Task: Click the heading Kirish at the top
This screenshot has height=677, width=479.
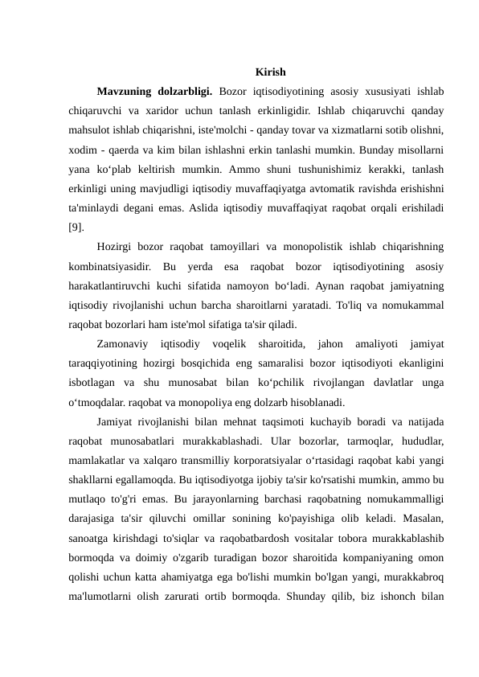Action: click(x=270, y=73)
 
